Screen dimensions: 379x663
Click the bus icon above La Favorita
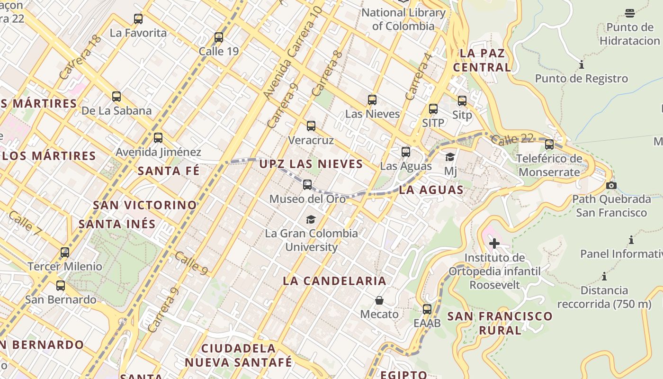138,19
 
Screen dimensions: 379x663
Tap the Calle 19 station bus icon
219,37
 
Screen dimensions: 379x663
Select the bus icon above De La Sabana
116,97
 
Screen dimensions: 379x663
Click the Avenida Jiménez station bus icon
158,138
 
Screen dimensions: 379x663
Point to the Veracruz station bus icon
311,126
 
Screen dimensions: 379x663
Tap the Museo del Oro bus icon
307,185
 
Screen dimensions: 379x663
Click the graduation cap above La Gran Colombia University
311,219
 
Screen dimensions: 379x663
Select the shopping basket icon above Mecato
379,300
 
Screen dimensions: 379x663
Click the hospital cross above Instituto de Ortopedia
494,244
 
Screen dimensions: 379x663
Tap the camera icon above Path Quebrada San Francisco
611,185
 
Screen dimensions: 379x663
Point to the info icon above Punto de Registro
582,64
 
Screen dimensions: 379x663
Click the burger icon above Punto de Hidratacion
630,13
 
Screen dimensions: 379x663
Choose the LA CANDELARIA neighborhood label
334,281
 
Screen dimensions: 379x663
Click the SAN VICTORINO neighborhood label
145,205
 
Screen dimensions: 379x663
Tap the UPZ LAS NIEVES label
311,164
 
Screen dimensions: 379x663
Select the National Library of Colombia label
403,19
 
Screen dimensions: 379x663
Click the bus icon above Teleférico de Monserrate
549,144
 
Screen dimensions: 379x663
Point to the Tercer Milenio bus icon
65,253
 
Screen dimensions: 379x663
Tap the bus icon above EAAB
427,309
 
